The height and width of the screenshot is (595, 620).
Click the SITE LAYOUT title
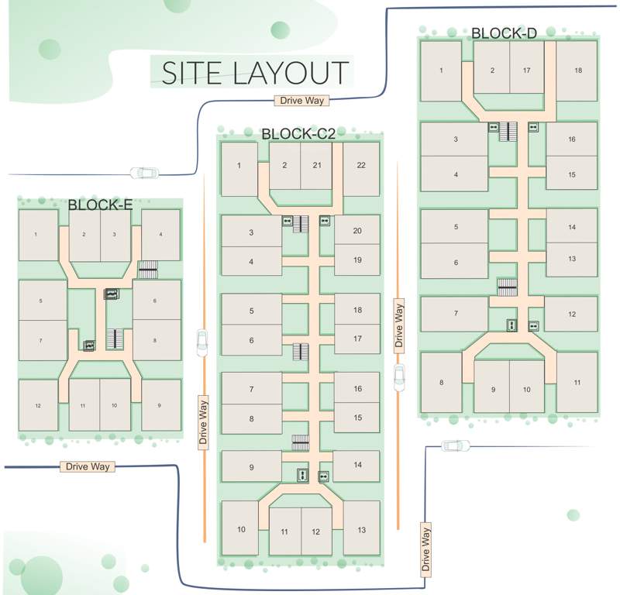[254, 72]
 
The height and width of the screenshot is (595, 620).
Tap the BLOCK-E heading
[100, 205]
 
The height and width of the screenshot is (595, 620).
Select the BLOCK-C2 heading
[298, 133]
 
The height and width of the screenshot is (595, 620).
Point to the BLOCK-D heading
[504, 33]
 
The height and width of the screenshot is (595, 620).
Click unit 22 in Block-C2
[361, 167]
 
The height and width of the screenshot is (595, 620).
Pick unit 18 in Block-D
[577, 71]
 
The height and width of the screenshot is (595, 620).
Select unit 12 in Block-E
[38, 405]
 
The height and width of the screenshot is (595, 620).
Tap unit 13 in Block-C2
[361, 529]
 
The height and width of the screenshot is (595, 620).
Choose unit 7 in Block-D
[455, 314]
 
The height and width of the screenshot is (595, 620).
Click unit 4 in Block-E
[160, 234]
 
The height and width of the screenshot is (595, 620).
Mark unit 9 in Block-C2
[251, 467]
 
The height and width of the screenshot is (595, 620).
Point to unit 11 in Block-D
[577, 383]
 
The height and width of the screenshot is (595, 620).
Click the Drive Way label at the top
[302, 100]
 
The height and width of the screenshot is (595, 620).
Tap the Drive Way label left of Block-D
[400, 325]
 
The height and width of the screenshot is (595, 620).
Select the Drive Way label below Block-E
[88, 466]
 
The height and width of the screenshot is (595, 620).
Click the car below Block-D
[456, 445]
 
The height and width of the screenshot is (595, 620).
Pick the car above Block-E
[143, 172]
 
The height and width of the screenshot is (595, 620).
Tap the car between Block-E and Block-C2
[202, 342]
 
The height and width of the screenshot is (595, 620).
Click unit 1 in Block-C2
[239, 166]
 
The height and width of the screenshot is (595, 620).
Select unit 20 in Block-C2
[356, 231]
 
